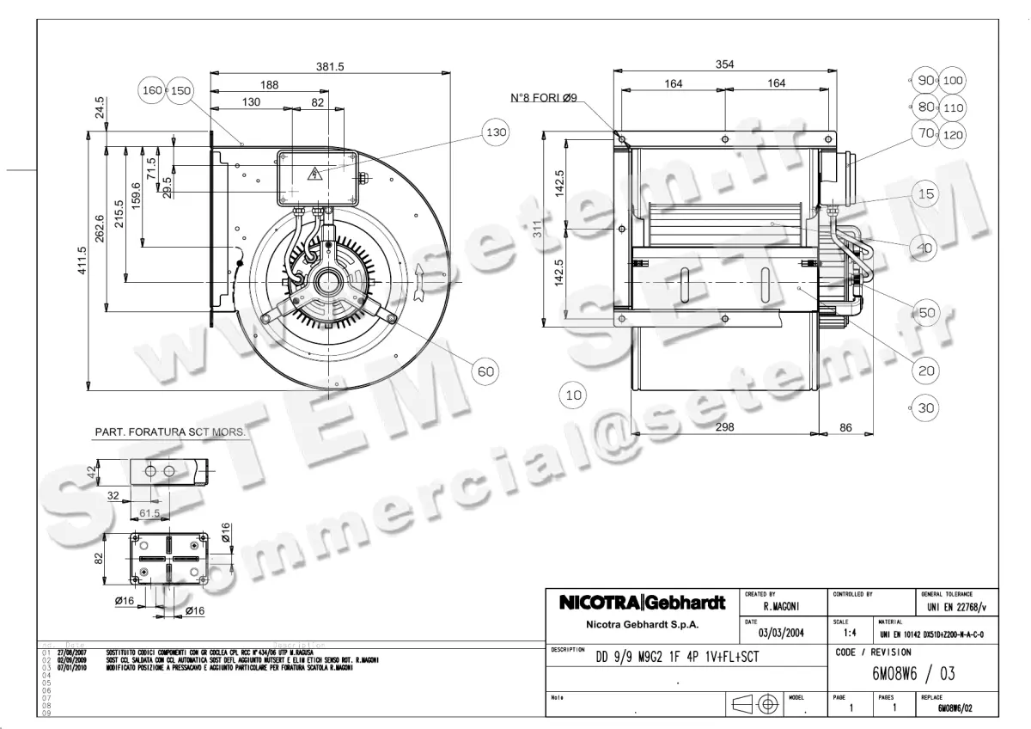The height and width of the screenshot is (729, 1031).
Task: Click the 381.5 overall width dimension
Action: tap(330, 66)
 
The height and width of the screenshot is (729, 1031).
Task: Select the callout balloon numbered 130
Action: tap(496, 133)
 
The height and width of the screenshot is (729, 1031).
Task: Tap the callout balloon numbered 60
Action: tap(485, 371)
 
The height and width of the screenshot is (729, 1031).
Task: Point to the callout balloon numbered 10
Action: tap(573, 395)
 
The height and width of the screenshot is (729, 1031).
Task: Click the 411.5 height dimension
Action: tap(82, 262)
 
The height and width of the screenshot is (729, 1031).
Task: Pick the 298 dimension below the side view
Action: tap(724, 427)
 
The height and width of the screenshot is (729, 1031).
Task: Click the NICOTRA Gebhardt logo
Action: tap(643, 603)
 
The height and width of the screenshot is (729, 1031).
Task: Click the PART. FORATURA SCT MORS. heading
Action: tap(169, 432)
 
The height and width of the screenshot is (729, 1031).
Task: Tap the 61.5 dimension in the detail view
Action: tap(150, 513)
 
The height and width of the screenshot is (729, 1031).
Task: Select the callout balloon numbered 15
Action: tap(925, 194)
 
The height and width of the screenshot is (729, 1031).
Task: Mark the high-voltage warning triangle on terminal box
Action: tap(314, 175)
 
